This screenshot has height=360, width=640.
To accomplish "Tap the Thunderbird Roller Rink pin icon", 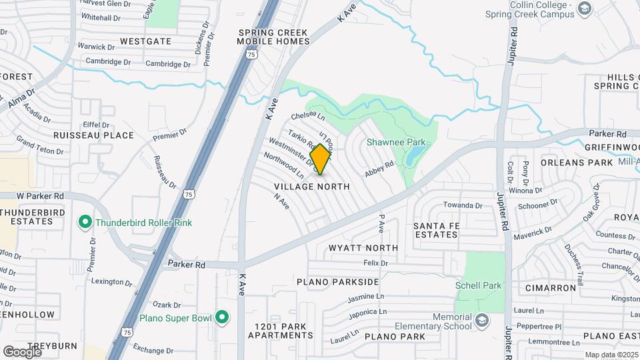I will pyautogui.click(x=85, y=222).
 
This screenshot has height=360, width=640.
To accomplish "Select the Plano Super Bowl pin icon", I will pyautogui.click(x=222, y=317).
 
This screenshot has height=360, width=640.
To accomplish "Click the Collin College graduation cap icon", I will pyautogui.click(x=585, y=9).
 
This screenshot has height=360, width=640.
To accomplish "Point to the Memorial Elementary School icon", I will pyautogui.click(x=480, y=323).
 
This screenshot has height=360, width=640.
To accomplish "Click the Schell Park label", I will pyautogui.click(x=478, y=285).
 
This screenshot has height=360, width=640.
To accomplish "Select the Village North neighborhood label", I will pyautogui.click(x=312, y=187).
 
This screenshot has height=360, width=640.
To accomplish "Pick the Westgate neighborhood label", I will pyautogui.click(x=145, y=41).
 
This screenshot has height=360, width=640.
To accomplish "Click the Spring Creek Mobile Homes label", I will pyautogui.click(x=273, y=37).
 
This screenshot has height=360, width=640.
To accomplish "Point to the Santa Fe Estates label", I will pyautogui.click(x=437, y=230).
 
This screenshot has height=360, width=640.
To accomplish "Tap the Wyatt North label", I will pyautogui.click(x=363, y=248).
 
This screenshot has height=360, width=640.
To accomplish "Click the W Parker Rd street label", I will pyautogui.click(x=40, y=196).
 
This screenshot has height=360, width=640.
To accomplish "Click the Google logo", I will pyautogui.click(x=22, y=351).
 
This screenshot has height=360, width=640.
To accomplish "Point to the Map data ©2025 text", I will pyautogui.click(x=611, y=355).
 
